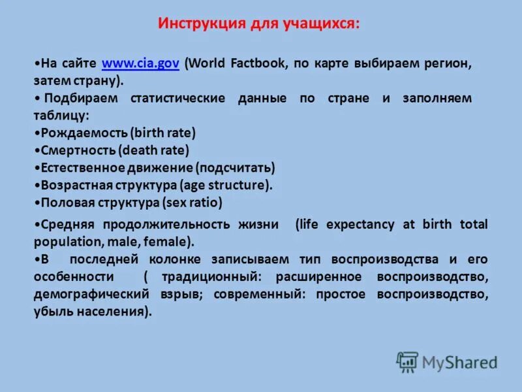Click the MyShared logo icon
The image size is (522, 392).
click(407, 361)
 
